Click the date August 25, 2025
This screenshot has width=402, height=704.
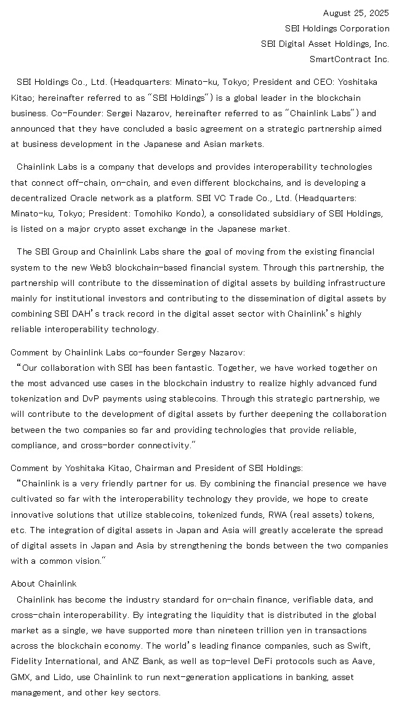pos(356,13)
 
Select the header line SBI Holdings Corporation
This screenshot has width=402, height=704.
pos(337,28)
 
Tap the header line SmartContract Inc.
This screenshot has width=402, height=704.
pos(349,59)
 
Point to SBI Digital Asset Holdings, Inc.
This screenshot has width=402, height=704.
pos(325,44)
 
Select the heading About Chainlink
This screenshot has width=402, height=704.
pos(44,583)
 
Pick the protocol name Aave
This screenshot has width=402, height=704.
pos(363,661)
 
